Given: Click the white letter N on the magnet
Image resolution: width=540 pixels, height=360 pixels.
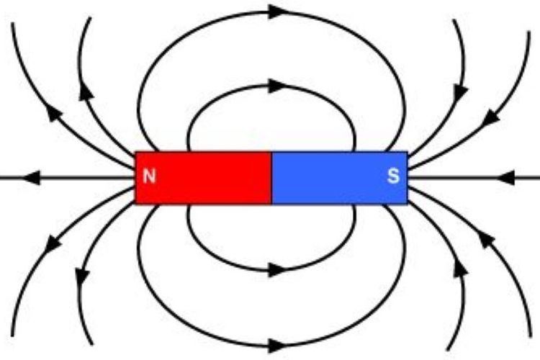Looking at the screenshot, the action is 149,176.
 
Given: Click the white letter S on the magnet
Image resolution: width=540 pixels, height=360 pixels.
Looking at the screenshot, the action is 393,176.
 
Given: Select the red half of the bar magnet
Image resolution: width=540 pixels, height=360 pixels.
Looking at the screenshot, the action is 203,178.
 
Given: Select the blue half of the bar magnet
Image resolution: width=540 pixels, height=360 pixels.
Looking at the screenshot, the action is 340,178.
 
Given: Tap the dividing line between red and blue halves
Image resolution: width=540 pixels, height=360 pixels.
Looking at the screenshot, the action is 271,178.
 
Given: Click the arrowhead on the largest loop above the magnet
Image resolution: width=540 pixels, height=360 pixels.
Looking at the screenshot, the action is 277,12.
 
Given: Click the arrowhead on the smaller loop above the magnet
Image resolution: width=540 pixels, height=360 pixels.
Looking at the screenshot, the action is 277,86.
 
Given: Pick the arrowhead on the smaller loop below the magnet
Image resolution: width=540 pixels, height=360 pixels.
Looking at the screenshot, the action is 277,270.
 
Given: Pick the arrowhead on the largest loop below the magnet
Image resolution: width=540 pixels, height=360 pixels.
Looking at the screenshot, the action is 277,346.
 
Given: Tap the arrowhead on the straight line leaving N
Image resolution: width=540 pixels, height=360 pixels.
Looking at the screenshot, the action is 32,178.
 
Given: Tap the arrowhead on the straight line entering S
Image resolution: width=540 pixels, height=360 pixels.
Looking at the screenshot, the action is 506,178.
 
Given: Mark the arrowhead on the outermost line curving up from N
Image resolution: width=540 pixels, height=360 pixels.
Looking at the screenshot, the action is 54,112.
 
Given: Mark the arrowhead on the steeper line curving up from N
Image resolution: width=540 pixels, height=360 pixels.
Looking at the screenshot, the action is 86,92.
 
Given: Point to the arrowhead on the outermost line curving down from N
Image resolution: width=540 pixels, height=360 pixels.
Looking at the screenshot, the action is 53,243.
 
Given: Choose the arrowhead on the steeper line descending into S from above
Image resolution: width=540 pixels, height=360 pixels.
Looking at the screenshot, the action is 460,92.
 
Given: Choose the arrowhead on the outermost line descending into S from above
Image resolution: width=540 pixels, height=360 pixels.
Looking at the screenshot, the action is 491,117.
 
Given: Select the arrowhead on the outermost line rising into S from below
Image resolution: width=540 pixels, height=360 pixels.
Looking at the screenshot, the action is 486,240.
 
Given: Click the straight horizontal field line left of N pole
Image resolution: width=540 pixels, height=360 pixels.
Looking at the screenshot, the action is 67,178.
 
